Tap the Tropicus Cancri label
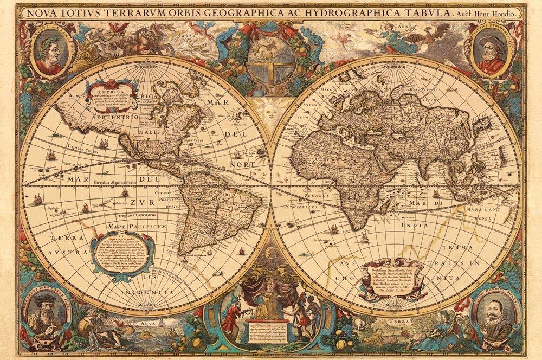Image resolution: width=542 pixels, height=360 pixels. (x=81, y=147)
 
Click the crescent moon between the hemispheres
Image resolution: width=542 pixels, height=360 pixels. (x=270, y=253)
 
